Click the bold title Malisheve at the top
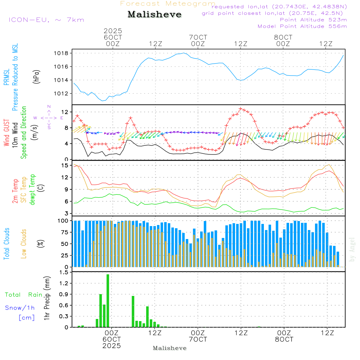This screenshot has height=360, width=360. coord(154,15)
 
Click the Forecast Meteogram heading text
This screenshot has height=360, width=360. coord(168,4)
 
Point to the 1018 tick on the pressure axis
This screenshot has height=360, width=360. coord(62,53)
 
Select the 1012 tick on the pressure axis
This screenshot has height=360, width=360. coord(62,94)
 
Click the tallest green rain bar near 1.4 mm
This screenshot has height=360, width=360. coord(108,301)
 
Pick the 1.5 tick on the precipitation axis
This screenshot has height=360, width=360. coord(64,272)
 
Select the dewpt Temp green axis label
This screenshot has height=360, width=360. coord(33,189)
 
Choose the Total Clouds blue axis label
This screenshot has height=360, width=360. coord(6,243)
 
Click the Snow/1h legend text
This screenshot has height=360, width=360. coord(20,308)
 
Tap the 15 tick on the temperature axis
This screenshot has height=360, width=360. coord(65,165)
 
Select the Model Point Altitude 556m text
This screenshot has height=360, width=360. coord(302,26)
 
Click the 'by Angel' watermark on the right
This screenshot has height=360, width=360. coord(352,249)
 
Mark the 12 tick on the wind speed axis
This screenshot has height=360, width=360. coord(65,111)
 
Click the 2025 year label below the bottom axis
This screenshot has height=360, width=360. coord(112,346)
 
